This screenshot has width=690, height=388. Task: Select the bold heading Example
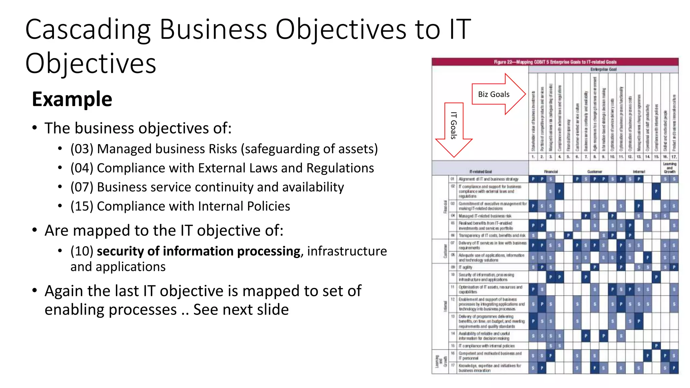click(x=72, y=99)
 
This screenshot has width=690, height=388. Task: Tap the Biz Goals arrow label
click(x=494, y=94)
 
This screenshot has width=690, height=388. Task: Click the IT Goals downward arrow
click(x=454, y=130)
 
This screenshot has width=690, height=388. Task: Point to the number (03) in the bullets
click(x=82, y=149)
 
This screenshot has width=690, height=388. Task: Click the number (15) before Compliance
click(x=82, y=206)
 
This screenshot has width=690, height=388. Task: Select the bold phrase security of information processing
click(x=198, y=251)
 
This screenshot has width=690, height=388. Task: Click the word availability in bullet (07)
click(x=313, y=187)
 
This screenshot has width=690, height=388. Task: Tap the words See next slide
click(x=241, y=310)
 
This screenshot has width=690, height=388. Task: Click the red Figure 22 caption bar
click(x=555, y=62)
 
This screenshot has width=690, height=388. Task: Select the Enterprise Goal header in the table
click(x=603, y=69)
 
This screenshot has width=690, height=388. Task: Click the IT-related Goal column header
click(x=481, y=171)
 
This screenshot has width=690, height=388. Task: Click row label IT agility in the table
click(x=465, y=267)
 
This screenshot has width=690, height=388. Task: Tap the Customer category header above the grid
click(x=594, y=171)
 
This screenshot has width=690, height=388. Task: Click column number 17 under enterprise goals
click(x=674, y=157)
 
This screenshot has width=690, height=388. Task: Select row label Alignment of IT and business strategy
click(x=488, y=179)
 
